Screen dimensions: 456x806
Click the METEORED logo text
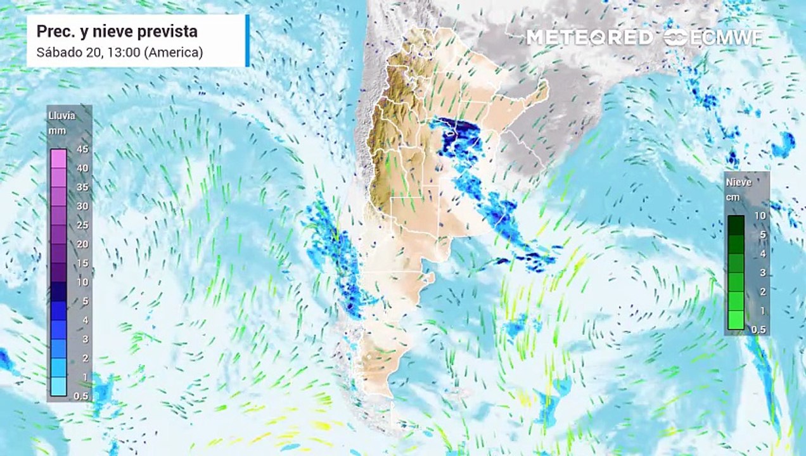pyautogui.click(x=589, y=37)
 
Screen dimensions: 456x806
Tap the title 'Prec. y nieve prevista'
pyautogui.click(x=117, y=32)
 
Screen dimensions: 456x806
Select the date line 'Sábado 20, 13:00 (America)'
pyautogui.click(x=120, y=52)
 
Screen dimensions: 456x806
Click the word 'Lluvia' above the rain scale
pyautogui.click(x=61, y=116)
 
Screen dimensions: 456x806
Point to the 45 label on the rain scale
pyautogui.click(x=82, y=149)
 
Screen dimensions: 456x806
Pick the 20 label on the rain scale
pyautogui.click(x=82, y=244)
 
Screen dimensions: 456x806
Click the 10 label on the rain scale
pyautogui.click(x=82, y=282)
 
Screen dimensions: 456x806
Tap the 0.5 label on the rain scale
pyautogui.click(x=82, y=396)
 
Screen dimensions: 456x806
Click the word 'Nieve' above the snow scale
pyautogui.click(x=739, y=182)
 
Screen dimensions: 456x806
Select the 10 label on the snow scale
pyautogui.click(x=760, y=216)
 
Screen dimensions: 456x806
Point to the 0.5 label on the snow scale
pyautogui.click(x=758, y=329)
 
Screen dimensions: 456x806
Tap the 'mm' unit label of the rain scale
pyautogui.click(x=57, y=130)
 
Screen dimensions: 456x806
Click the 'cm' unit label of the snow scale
pyautogui.click(x=732, y=196)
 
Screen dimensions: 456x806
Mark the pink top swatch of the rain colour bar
pyautogui.click(x=58, y=158)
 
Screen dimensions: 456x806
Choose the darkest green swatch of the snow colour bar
pyautogui.click(x=736, y=225)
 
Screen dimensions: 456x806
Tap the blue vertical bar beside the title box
pyautogui.click(x=247, y=41)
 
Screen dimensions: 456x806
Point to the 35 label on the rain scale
pyautogui.click(x=82, y=187)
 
